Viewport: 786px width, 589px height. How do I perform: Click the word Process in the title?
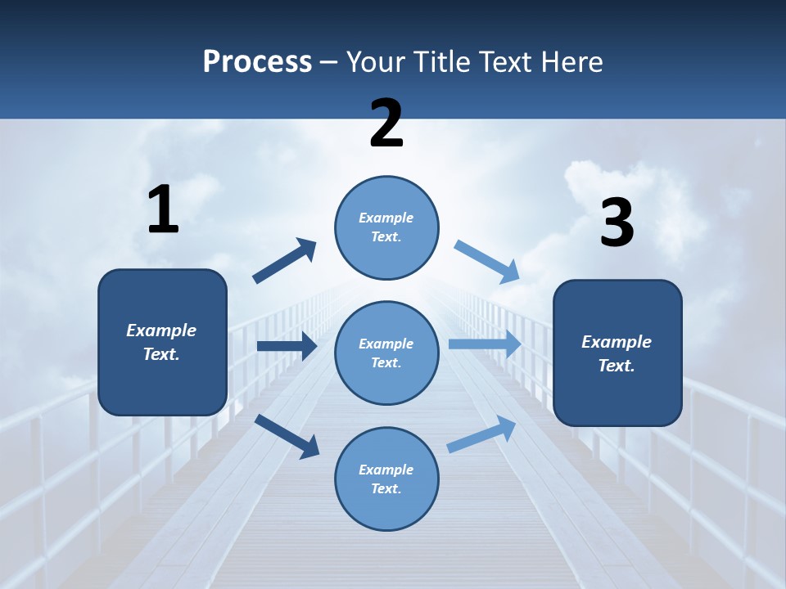pos(257,61)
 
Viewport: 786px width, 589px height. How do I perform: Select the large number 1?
pos(163,209)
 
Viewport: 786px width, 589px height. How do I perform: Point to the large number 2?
pos(386,124)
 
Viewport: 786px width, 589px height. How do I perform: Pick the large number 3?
pos(617,223)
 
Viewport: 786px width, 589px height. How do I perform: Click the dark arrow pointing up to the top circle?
pos(285,261)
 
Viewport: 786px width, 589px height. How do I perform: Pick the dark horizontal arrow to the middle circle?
pos(287,346)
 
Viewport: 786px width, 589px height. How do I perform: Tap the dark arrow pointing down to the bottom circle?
pos(287,435)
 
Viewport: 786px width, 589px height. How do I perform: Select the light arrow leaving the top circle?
pos(487,261)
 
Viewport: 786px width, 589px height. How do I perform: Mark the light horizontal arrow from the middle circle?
pos(485,344)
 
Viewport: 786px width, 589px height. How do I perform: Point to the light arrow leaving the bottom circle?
pos(482,434)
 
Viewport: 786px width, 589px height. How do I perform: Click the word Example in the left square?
pos(161,330)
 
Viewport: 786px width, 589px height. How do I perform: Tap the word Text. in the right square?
pos(617,366)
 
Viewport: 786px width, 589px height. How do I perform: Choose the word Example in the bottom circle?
pos(386,470)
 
